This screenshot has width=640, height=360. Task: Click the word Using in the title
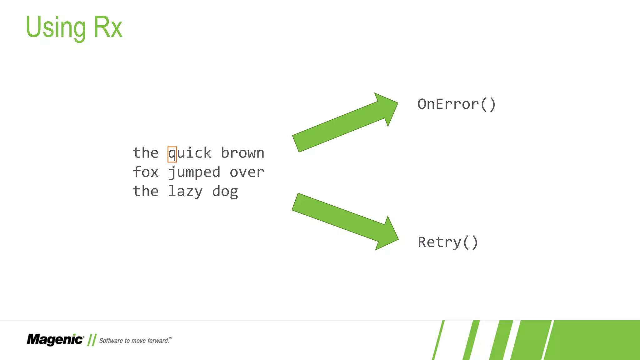click(56, 27)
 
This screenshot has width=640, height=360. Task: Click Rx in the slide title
click(107, 27)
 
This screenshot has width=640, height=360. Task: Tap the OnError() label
click(457, 104)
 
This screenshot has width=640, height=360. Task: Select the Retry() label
click(448, 242)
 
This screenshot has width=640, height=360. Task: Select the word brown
click(242, 153)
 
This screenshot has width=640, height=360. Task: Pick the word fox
click(146, 172)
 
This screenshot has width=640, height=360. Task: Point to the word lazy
click(186, 192)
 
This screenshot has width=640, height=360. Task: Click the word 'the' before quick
click(146, 153)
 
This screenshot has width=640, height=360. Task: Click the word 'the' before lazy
click(146, 191)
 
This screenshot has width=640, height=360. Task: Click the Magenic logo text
click(55, 339)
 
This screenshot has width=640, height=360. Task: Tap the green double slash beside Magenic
click(92, 340)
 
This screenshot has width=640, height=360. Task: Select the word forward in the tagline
click(158, 341)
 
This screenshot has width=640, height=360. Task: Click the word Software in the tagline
click(111, 341)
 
